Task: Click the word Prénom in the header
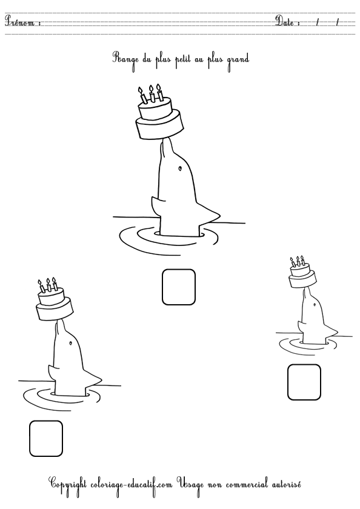(21, 22)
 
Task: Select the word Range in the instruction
(125, 59)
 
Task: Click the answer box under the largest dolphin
(179, 287)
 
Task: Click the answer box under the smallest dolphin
(304, 382)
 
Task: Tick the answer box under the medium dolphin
(46, 438)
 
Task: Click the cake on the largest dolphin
(159, 119)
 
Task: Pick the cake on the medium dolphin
(54, 302)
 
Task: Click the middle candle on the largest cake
(151, 96)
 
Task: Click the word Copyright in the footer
(69, 484)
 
